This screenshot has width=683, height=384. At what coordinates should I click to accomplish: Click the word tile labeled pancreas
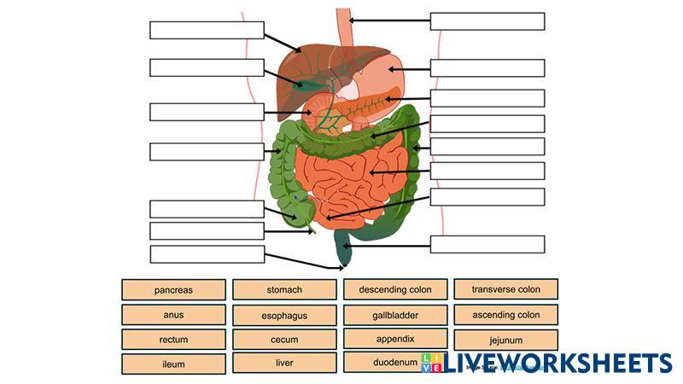pos(173,290)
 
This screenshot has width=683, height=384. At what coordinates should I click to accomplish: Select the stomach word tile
pos(284,290)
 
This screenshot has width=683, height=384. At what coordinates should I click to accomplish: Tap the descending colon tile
pos(395,290)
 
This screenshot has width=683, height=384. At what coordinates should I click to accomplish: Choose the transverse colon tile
pos(505,290)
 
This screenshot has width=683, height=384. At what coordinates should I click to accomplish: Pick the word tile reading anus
pos(173,315)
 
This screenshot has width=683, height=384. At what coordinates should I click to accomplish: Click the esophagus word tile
pos(284,316)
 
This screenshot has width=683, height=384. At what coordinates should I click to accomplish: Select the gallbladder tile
pos(395,315)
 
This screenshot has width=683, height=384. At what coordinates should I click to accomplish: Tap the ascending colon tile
pos(505,315)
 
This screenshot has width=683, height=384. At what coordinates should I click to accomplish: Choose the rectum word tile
pos(173,340)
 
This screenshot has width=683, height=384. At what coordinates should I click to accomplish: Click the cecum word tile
pos(284,340)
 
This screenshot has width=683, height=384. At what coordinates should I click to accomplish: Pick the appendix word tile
pos(395,339)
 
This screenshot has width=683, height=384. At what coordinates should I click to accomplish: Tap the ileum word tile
pos(173,364)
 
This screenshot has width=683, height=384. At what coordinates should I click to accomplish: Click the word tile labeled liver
pos(284,363)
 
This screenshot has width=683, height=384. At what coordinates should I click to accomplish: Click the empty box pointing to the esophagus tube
pos(487,21)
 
